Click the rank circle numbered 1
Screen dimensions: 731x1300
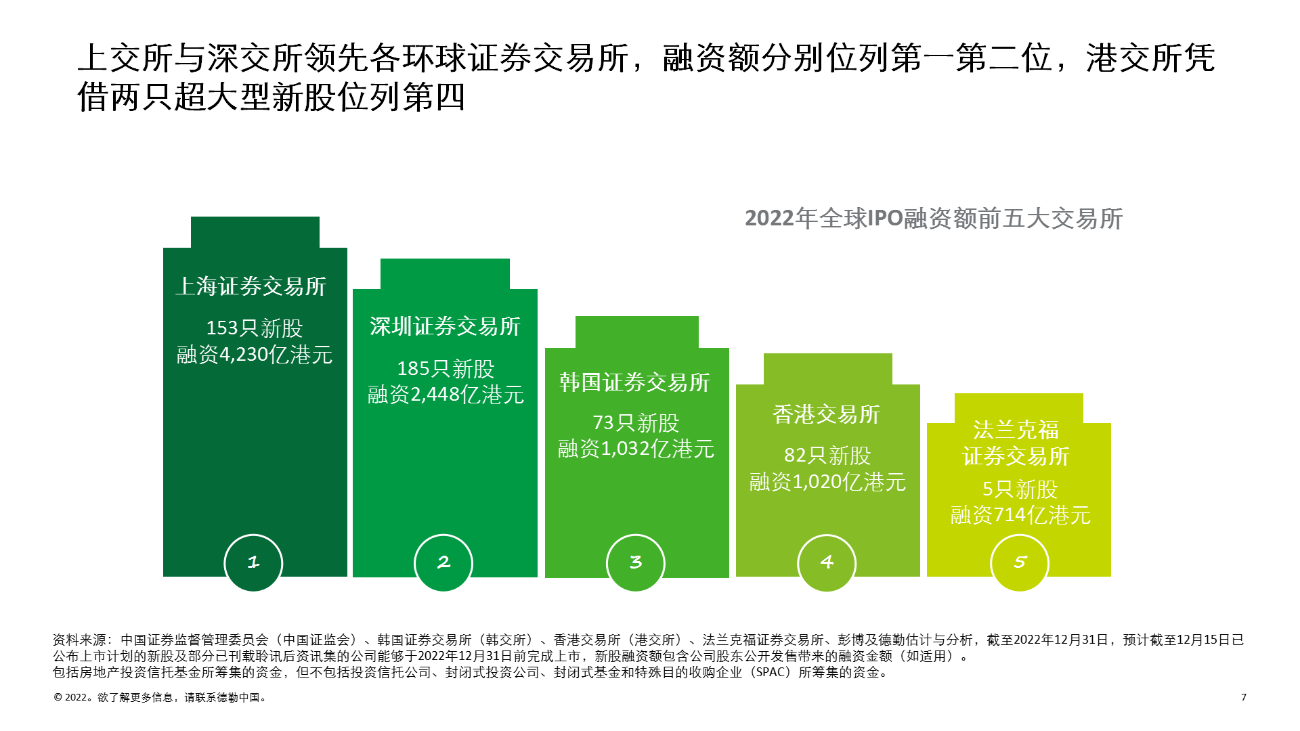pos(253,562)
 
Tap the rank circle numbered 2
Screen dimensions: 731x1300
pos(443,562)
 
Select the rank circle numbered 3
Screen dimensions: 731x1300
pos(636,562)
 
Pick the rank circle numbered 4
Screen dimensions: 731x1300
pos(827,562)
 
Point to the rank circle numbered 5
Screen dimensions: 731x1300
pos(1020,562)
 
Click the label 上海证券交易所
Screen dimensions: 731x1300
pos(251,286)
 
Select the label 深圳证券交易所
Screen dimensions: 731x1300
pos(445,326)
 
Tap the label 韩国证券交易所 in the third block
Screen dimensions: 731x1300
pos(634,382)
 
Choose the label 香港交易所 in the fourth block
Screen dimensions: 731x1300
pos(826,414)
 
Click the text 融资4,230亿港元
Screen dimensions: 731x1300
pos(255,355)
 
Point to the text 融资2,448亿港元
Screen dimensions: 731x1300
pos(446,395)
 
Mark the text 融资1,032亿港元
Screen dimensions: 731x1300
pos(636,449)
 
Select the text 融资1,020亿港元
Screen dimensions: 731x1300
pos(827,482)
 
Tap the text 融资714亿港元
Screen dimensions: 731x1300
pos(1020,515)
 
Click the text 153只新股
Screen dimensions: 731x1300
pos(255,328)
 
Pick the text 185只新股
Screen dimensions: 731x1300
pos(446,369)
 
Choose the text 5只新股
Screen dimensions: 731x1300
pos(1020,489)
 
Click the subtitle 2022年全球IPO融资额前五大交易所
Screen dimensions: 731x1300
pos(934,219)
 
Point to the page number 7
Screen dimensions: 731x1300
pos(1244,697)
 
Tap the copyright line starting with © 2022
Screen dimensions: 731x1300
pos(161,698)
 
